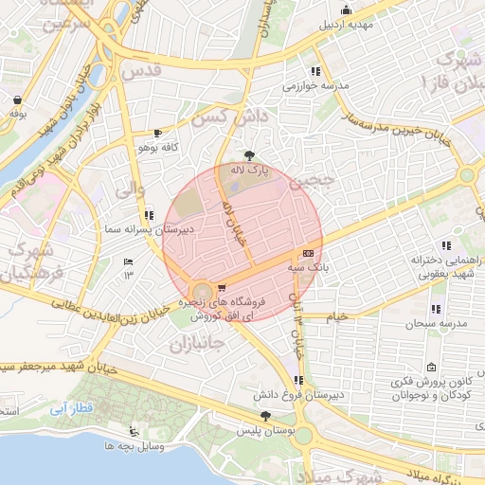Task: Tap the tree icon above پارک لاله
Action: tap(249, 154)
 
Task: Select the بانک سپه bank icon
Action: tap(309, 254)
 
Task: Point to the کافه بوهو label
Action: tap(158, 149)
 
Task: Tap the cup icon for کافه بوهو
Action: tap(156, 134)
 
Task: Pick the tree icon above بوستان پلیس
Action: tap(264, 416)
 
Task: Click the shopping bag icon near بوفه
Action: tap(18, 99)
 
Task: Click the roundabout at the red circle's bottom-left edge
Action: tap(201, 291)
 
